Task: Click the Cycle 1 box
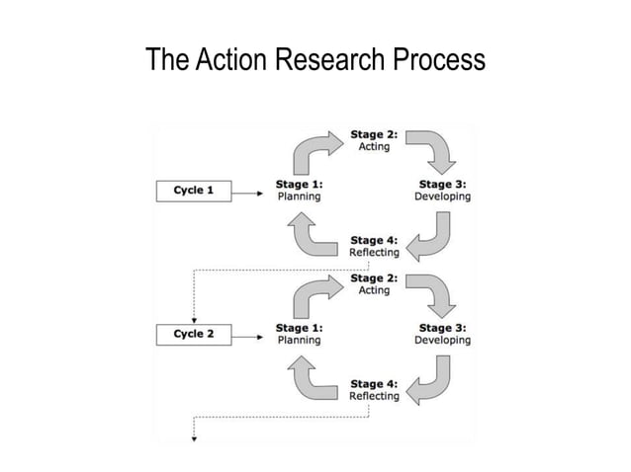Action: tap(195, 190)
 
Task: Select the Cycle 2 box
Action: tap(195, 333)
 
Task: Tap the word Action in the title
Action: tap(228, 60)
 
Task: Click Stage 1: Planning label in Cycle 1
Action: tap(299, 190)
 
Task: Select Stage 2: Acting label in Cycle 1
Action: tap(374, 140)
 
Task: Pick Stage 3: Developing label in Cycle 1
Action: tap(442, 190)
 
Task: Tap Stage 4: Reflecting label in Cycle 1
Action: tap(374, 245)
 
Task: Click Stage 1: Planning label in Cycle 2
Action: tap(299, 333)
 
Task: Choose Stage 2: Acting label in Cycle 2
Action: tap(374, 283)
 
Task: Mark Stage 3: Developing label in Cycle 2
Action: tap(442, 333)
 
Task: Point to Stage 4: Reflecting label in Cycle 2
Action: tap(374, 389)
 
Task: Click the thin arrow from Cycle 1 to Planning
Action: tap(252, 191)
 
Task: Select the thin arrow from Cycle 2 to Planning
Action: tap(252, 334)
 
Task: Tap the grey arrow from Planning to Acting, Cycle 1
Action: tap(314, 148)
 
